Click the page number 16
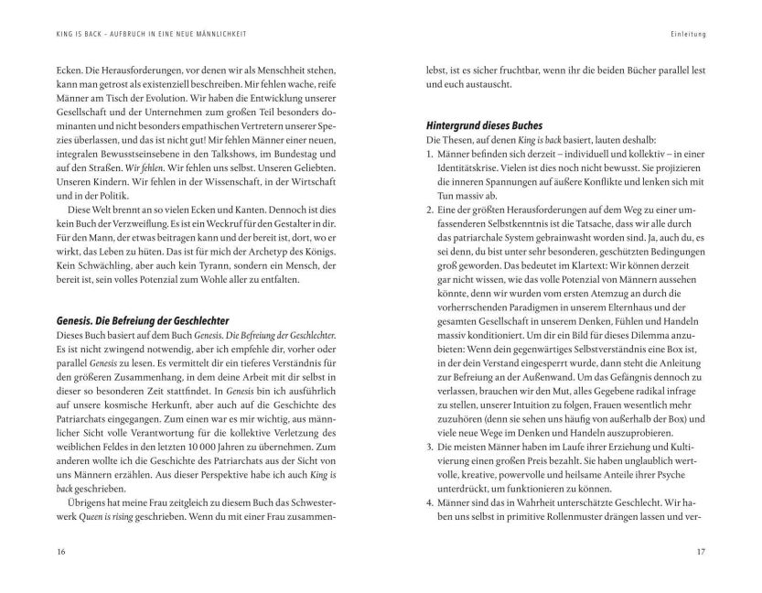[x=61, y=553]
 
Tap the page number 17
[x=701, y=553]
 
